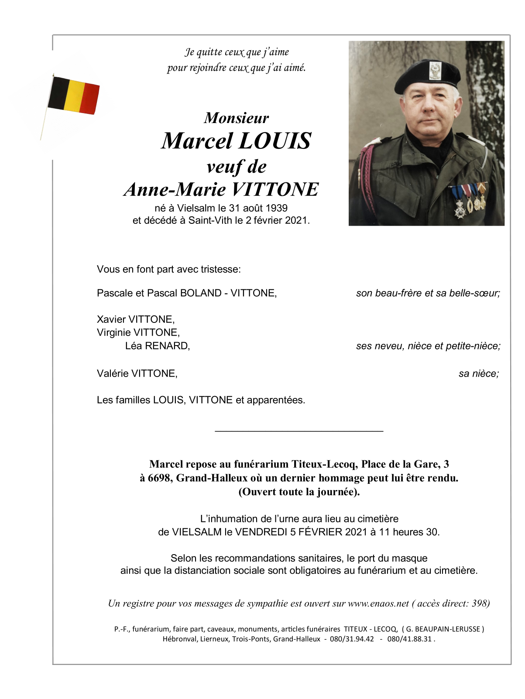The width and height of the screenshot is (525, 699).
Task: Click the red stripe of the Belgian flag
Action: pos(90,99)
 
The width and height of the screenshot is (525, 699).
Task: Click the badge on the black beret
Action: pos(436,71)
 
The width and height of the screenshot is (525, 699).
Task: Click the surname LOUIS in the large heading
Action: pos(275,141)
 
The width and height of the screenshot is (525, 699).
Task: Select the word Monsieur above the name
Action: pos(237,118)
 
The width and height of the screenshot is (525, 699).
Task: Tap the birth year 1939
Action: pos(277,208)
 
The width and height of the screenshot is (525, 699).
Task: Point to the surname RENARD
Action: pos(167,346)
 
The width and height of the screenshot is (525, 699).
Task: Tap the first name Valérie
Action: pos(113,373)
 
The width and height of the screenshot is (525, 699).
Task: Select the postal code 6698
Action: pos(159,478)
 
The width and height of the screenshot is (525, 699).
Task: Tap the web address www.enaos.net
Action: pos(378,603)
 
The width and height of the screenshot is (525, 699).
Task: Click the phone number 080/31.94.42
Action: pos(352,639)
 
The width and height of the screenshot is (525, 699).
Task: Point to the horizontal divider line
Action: pos(299,431)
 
